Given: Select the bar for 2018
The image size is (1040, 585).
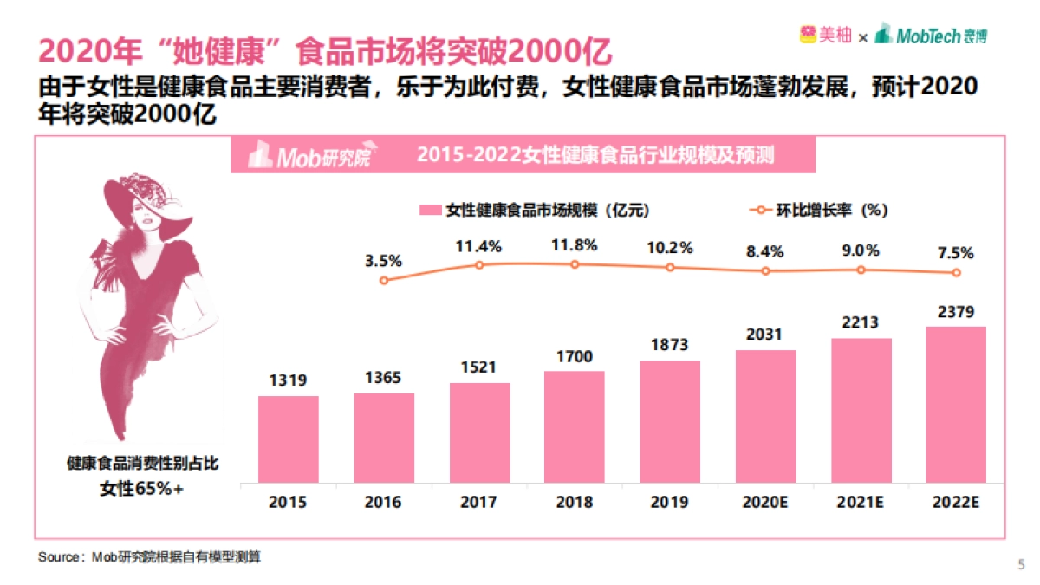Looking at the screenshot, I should (x=575, y=426).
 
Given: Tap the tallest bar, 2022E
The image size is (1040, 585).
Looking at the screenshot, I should (x=956, y=404).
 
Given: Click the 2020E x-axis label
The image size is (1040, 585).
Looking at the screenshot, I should (x=764, y=503).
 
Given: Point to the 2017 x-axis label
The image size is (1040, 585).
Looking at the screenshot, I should (x=479, y=503).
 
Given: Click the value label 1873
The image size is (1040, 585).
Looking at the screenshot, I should (x=670, y=345).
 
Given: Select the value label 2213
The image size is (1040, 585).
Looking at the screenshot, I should (x=860, y=322).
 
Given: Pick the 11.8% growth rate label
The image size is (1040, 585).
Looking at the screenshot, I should (x=575, y=245).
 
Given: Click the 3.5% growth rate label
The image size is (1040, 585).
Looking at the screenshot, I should (x=384, y=260).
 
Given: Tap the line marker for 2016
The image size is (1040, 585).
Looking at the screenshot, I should (x=384, y=280).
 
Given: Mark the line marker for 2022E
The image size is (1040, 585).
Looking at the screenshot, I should (x=956, y=273).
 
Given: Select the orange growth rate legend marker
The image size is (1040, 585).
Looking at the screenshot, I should (x=759, y=211).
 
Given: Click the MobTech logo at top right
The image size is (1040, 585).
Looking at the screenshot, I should (x=932, y=36).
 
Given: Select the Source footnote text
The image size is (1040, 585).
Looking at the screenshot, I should (x=149, y=558).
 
